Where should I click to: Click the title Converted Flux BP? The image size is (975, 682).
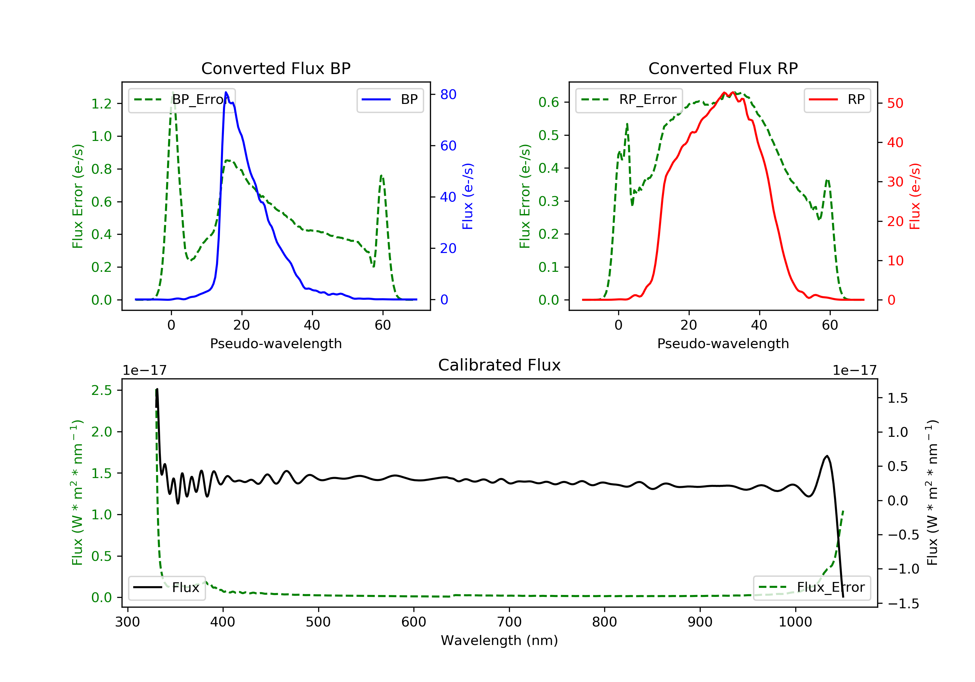(276, 68)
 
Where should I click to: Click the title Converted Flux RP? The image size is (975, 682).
(723, 68)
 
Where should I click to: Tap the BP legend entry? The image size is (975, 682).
(390, 100)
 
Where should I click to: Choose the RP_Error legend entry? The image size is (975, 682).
(629, 100)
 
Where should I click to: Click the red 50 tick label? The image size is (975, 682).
(895, 103)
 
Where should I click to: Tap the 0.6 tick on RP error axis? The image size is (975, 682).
(549, 102)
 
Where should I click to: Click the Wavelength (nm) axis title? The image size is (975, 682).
(500, 640)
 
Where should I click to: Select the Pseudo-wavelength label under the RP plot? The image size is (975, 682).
(723, 344)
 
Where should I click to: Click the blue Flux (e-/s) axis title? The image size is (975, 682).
(468, 196)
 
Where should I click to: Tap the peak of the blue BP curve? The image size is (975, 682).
(226, 92)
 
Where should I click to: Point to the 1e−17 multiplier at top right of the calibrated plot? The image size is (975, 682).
(854, 371)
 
